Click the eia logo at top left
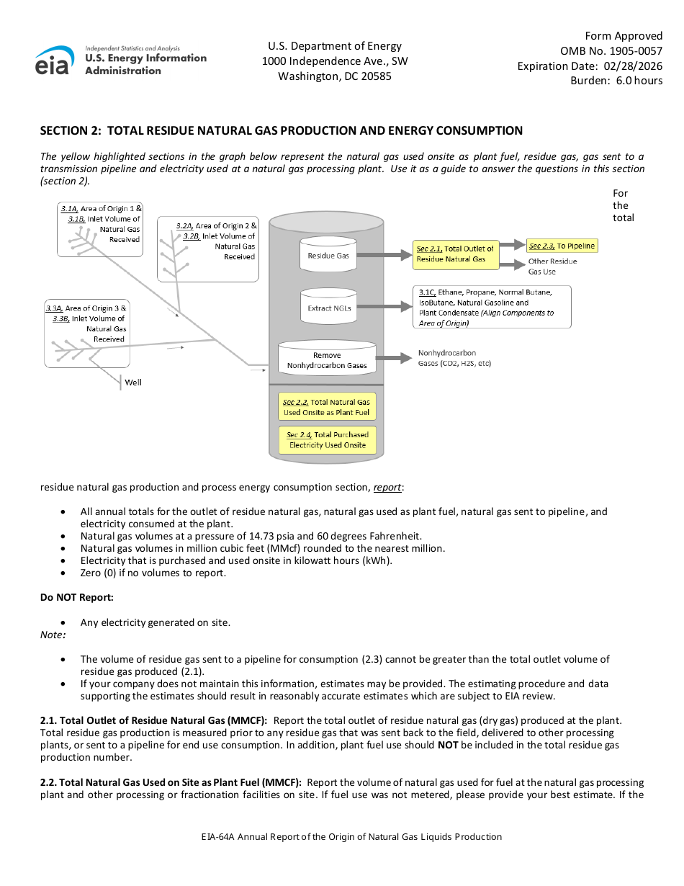[x=55, y=61]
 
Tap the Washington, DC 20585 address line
[x=335, y=76]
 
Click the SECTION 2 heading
[x=281, y=130]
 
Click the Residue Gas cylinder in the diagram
[x=328, y=255]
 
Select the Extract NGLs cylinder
[x=328, y=307]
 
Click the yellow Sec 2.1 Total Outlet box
[x=456, y=254]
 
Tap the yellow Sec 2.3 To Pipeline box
[x=562, y=246]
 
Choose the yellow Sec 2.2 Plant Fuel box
[x=326, y=407]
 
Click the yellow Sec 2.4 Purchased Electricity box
[x=327, y=439]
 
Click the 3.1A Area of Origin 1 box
[x=100, y=228]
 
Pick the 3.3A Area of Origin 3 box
[x=86, y=334]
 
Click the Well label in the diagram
[x=133, y=382]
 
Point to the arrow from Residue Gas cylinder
[x=384, y=255]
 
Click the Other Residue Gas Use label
[x=552, y=267]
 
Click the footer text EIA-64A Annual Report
[x=351, y=836]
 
